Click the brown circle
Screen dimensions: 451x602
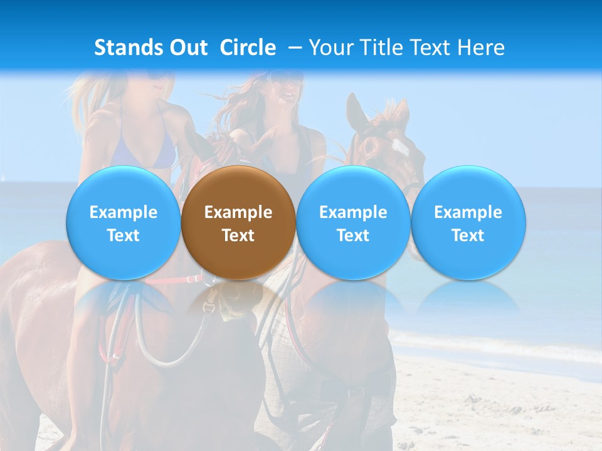pyautogui.click(x=238, y=223)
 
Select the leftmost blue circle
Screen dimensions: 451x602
pyautogui.click(x=123, y=223)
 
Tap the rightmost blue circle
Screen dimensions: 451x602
pyautogui.click(x=468, y=223)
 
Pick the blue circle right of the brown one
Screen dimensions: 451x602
pyautogui.click(x=353, y=223)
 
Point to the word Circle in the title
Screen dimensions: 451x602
pyautogui.click(x=248, y=48)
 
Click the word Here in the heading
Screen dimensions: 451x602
pyautogui.click(x=482, y=48)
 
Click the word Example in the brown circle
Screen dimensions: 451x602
pyautogui.click(x=238, y=212)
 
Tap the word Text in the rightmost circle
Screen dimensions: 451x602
pyautogui.click(x=468, y=236)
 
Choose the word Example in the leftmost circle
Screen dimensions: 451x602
pyautogui.click(x=123, y=212)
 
